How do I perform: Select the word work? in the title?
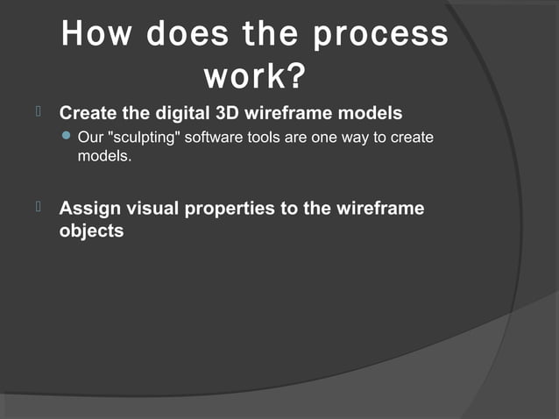[x=254, y=77]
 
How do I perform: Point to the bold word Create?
[x=86, y=114]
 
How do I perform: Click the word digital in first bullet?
[x=175, y=114]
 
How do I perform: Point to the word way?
[x=351, y=138]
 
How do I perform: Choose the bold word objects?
[x=91, y=232]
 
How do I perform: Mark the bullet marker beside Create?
[x=39, y=112]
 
